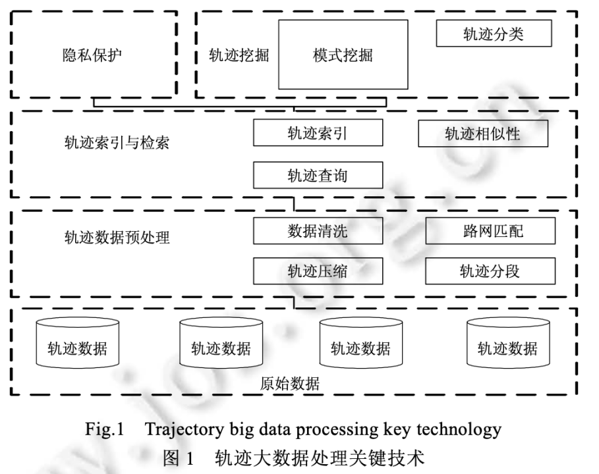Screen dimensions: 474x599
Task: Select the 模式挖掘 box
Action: pos(343,55)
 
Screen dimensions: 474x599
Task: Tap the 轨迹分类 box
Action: pos(494,34)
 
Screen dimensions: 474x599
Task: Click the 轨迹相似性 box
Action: pos(483,134)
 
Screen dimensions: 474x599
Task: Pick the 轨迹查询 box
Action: pos(318,176)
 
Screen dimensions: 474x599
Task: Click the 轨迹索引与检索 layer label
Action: pos(117,142)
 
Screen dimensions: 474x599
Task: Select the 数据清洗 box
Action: pos(318,230)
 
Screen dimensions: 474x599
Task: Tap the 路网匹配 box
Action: pos(490,230)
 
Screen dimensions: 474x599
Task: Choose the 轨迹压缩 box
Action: pos(318,271)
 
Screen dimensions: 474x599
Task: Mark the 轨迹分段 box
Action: pos(490,271)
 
